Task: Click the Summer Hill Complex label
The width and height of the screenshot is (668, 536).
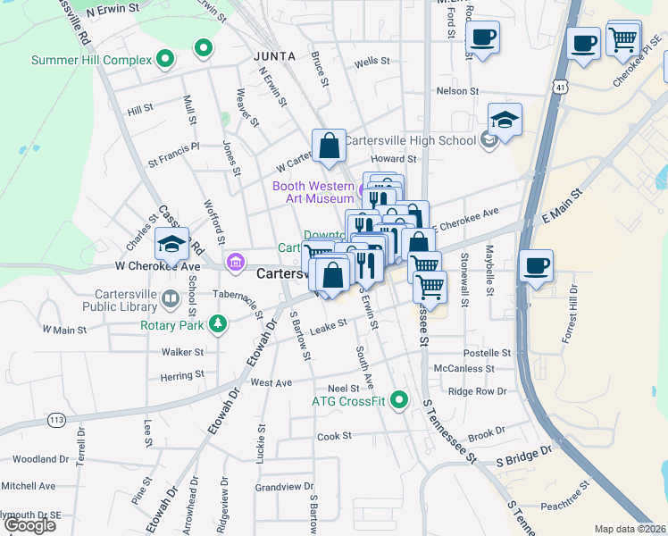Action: [x=88, y=61]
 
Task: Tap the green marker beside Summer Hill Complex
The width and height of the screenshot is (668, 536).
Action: [x=164, y=60]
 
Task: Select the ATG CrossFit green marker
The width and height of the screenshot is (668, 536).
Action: [x=399, y=400]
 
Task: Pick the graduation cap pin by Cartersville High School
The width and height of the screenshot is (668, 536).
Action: [x=505, y=121]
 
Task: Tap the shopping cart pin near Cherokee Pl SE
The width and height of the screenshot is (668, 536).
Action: [x=622, y=38]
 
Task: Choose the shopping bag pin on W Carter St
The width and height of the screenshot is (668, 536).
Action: [x=329, y=145]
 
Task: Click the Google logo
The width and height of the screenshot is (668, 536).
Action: [x=29, y=524]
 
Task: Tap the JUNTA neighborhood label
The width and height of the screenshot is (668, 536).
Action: [x=273, y=54]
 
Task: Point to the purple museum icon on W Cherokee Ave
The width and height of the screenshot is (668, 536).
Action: [x=235, y=262]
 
